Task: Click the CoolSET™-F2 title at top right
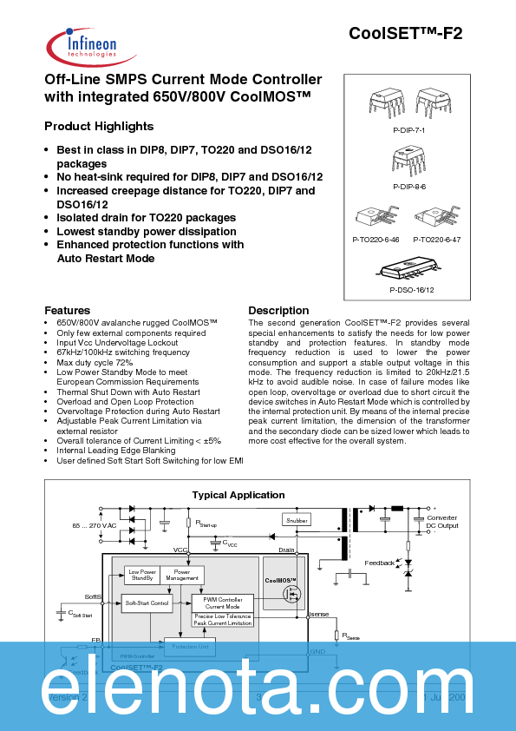pos(405,34)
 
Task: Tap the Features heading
pos(67,310)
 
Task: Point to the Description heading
pos(278,310)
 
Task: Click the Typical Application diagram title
pos(238,495)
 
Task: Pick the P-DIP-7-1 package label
pos(408,128)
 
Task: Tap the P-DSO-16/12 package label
pos(411,289)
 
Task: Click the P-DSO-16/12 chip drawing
pos(411,267)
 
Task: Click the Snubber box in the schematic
pos(296,520)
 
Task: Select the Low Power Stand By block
pos(142,575)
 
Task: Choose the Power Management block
pos(182,575)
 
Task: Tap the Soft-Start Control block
pos(147,602)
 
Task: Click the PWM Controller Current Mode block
pos(222,602)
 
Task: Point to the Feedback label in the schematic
pos(379,563)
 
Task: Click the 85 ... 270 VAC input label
pos(94,526)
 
